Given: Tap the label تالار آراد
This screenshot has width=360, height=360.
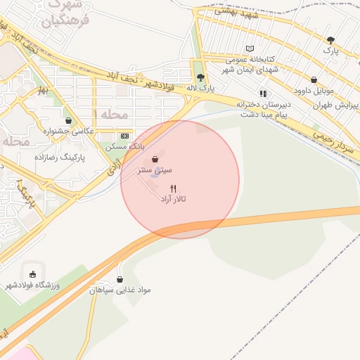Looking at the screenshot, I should click(x=173, y=199).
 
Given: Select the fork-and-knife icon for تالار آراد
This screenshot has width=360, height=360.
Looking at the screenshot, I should click(x=174, y=188).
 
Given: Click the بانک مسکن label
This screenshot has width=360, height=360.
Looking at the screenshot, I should click(x=125, y=147).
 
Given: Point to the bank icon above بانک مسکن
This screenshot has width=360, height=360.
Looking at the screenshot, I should click(x=124, y=136).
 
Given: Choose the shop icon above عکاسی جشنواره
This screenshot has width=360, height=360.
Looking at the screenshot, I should click(x=67, y=120).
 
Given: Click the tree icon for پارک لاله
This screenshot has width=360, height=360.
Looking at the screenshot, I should click(x=200, y=77).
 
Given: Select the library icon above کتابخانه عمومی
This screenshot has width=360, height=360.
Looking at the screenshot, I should click(x=250, y=49).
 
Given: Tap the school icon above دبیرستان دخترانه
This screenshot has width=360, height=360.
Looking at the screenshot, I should click(x=263, y=93).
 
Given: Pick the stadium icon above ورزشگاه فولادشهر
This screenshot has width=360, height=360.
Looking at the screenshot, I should click(x=33, y=274).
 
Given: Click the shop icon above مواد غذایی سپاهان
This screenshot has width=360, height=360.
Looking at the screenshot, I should click(x=119, y=279).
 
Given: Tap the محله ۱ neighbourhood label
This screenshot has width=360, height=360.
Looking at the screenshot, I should click(x=110, y=114).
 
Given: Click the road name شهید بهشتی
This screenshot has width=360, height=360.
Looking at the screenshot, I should click(x=239, y=13).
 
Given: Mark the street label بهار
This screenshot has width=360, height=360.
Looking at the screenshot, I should click(x=44, y=91).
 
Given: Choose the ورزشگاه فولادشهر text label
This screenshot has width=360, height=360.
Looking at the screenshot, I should click(x=33, y=285).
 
